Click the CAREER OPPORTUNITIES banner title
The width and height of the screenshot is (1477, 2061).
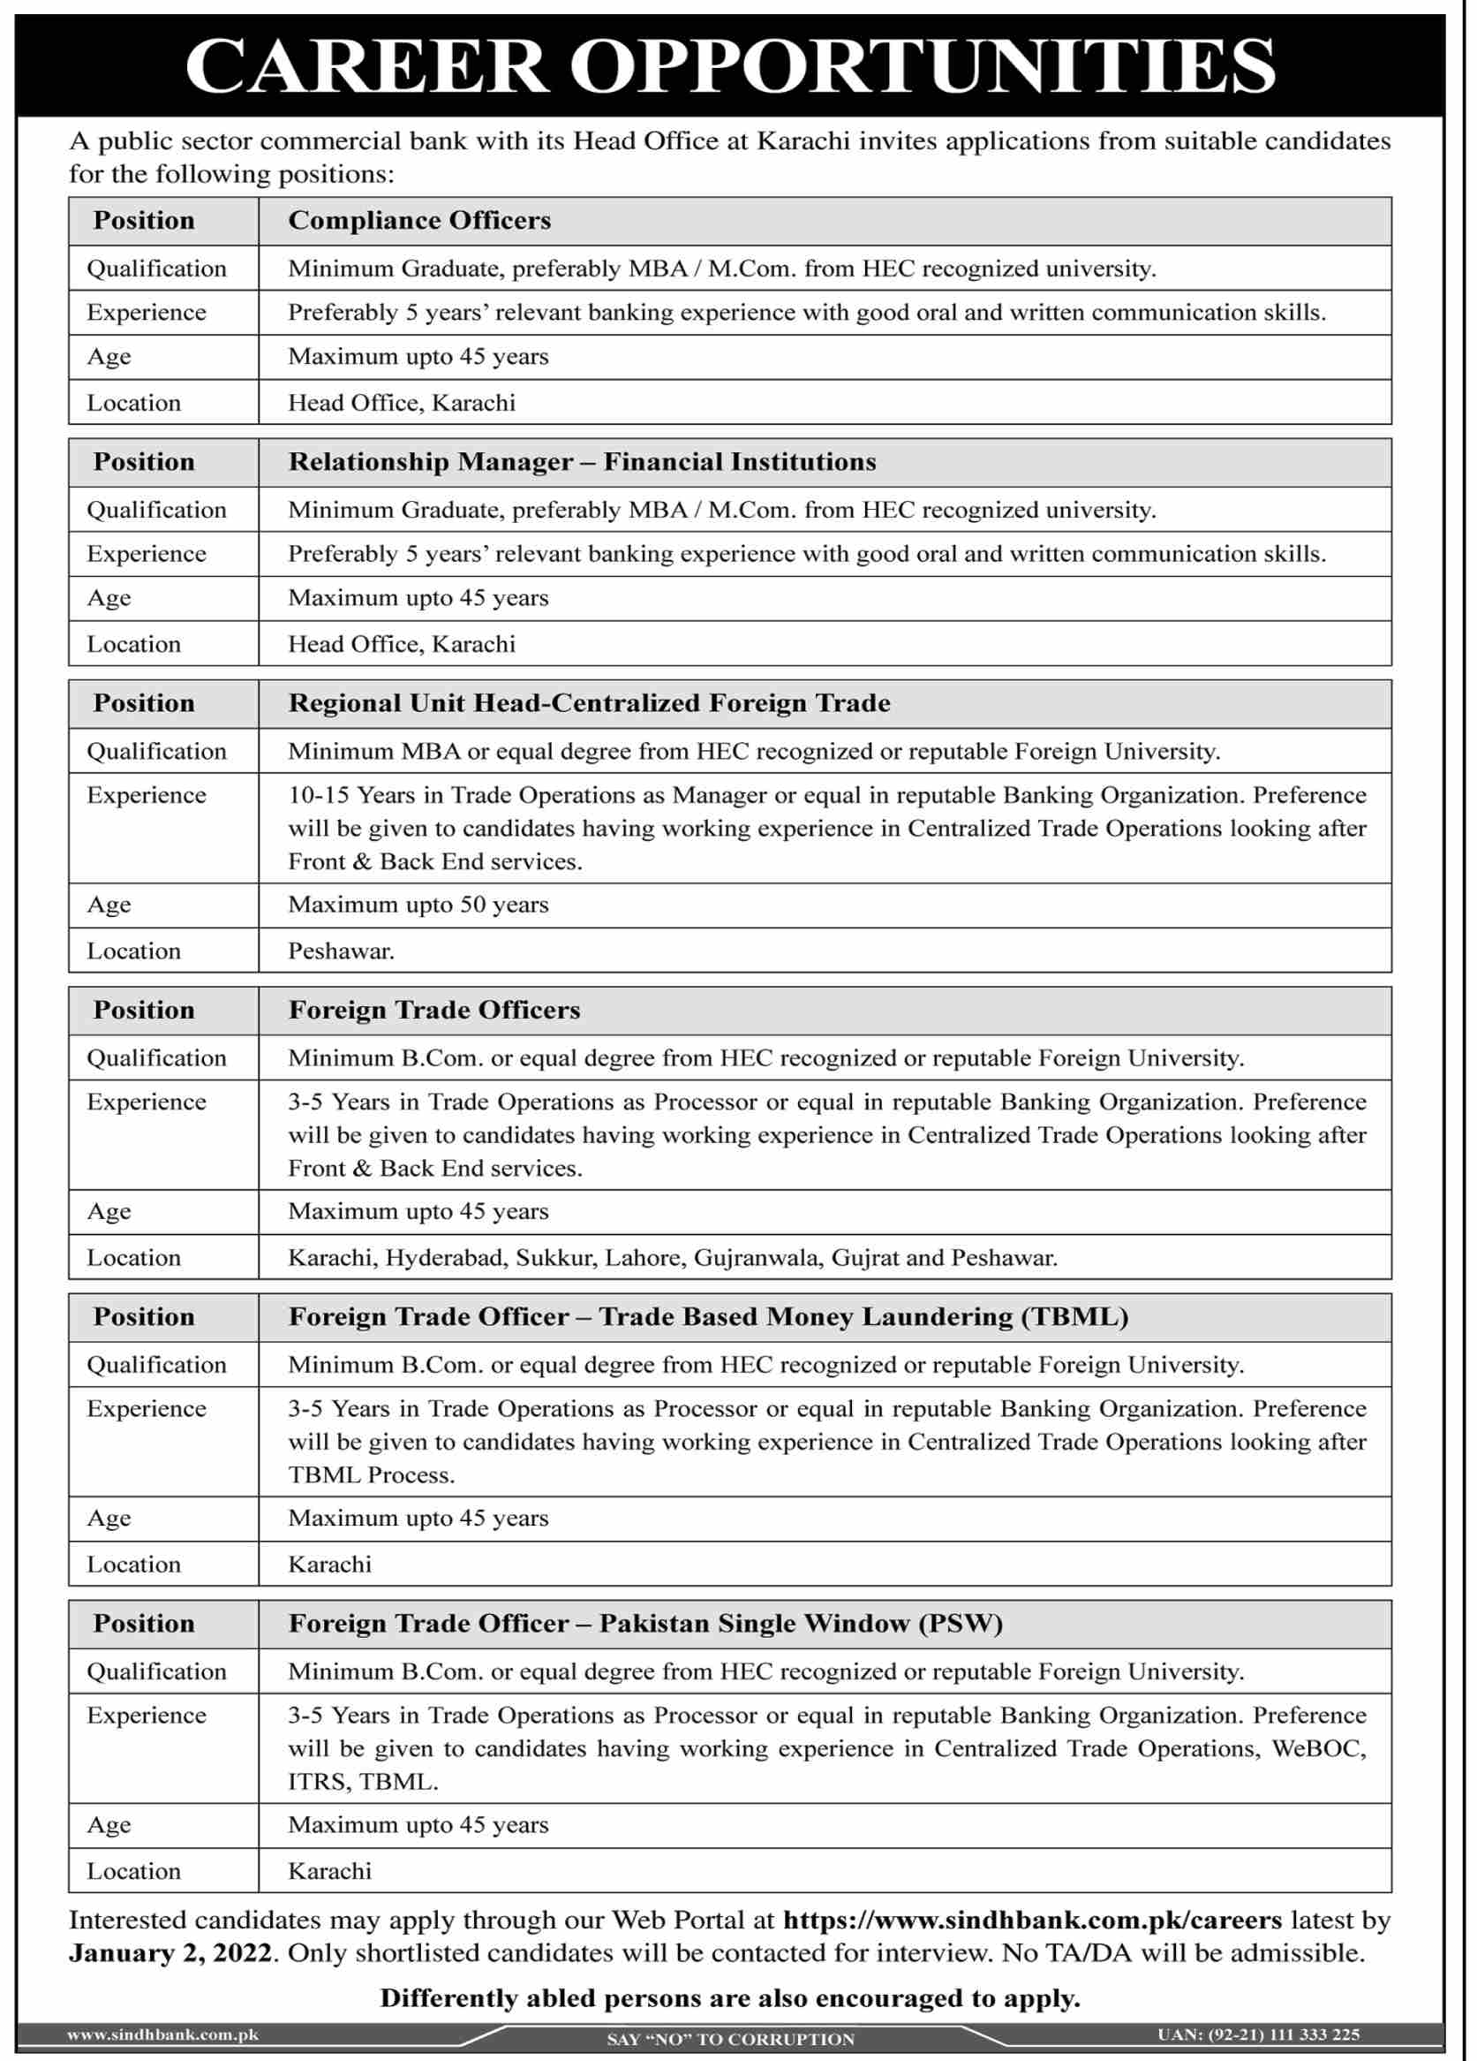point(729,66)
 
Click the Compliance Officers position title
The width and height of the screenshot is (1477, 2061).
point(418,221)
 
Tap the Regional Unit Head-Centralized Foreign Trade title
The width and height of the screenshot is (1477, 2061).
point(589,703)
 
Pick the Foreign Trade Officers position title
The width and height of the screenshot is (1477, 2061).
point(433,1010)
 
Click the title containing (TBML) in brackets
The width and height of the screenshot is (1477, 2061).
point(708,1317)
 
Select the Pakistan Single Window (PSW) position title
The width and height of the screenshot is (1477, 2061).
point(645,1623)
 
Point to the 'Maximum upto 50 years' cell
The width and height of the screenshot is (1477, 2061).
point(418,905)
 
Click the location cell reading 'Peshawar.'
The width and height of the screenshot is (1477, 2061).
point(341,951)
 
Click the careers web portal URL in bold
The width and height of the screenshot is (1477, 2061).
point(1032,1920)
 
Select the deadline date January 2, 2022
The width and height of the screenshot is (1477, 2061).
point(170,1953)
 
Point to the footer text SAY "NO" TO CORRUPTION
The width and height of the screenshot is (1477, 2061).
point(729,2039)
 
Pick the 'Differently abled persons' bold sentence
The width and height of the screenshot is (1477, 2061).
point(729,1997)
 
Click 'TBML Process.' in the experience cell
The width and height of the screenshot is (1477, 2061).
point(371,1475)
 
